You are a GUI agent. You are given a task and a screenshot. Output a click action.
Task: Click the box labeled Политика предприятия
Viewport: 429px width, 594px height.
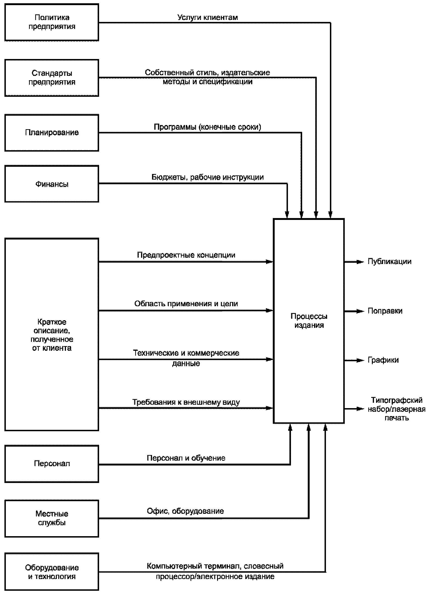[52, 22]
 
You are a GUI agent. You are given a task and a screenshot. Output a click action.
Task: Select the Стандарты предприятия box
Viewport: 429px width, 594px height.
[52, 78]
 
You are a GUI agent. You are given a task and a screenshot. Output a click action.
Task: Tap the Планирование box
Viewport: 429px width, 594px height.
[52, 132]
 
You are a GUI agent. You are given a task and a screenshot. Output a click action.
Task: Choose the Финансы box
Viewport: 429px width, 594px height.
[52, 184]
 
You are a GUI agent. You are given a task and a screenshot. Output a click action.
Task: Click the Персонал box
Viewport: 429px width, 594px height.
[52, 464]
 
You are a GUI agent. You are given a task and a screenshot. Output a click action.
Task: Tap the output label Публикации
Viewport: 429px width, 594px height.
[389, 261]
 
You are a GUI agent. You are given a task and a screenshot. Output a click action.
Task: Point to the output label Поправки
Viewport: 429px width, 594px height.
[385, 311]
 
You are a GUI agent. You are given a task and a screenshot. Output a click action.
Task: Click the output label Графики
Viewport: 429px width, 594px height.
[383, 360]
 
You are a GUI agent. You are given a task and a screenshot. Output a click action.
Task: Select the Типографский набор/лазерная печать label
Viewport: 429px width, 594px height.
[397, 409]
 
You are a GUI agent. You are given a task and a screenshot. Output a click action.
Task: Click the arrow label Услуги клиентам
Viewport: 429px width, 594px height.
[208, 17]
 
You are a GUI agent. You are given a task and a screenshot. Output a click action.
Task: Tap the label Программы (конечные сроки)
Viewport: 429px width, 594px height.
[208, 127]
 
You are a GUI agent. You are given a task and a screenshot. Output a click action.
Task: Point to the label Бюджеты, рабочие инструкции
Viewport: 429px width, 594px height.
[208, 177]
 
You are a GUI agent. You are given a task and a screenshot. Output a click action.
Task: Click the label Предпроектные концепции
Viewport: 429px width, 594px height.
[186, 255]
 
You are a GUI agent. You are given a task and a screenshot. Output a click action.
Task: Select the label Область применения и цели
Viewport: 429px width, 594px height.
[186, 304]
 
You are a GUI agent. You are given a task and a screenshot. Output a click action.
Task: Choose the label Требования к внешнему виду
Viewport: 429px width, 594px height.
[186, 402]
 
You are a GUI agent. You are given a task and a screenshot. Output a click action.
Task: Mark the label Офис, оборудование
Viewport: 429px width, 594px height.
[185, 511]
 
